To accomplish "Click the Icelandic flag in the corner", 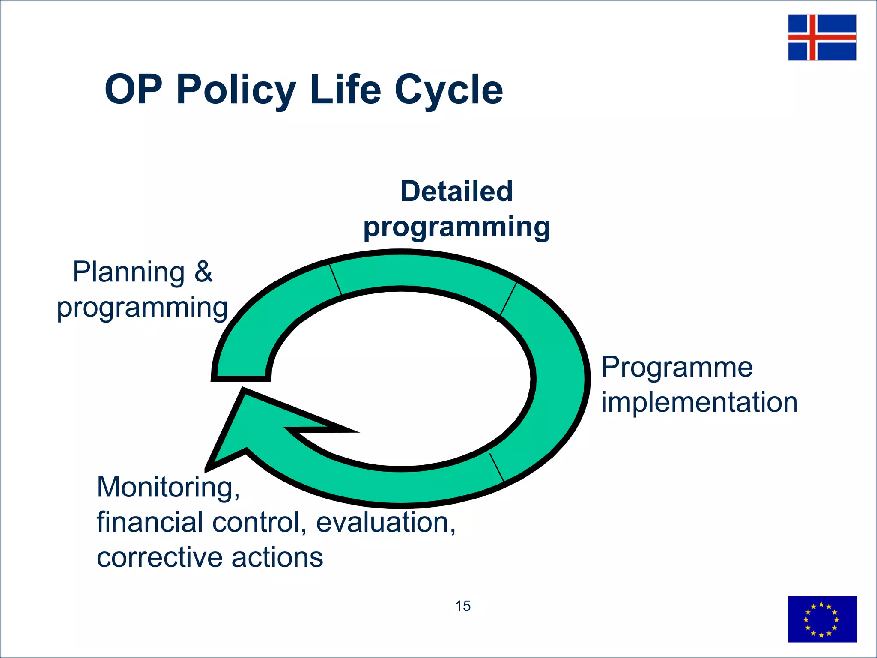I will [x=822, y=37].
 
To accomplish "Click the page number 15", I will [x=462, y=606].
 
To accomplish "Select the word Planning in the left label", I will [x=128, y=272].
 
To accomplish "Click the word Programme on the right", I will [x=677, y=368].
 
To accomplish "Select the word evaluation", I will [x=385, y=523].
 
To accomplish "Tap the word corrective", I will [x=159, y=558].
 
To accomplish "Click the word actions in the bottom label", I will [x=277, y=558].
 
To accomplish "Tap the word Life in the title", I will [x=345, y=90].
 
